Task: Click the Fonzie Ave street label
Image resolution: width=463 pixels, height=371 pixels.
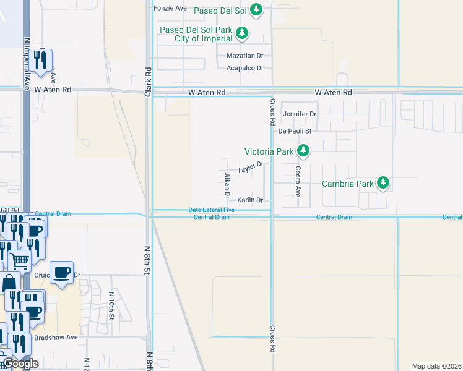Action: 170,9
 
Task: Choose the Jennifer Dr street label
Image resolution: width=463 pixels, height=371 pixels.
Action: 300,114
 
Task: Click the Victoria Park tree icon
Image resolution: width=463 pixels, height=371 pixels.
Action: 303,151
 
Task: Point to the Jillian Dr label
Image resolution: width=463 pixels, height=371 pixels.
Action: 227,185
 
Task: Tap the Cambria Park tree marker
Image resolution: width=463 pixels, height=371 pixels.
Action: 384,183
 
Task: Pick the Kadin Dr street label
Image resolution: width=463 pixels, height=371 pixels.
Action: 251,200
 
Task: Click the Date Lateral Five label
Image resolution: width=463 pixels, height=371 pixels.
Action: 212,210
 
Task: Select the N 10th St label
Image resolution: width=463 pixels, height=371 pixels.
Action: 112,305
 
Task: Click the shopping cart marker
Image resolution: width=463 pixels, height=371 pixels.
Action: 20,261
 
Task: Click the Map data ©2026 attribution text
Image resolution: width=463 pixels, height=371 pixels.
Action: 436,366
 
